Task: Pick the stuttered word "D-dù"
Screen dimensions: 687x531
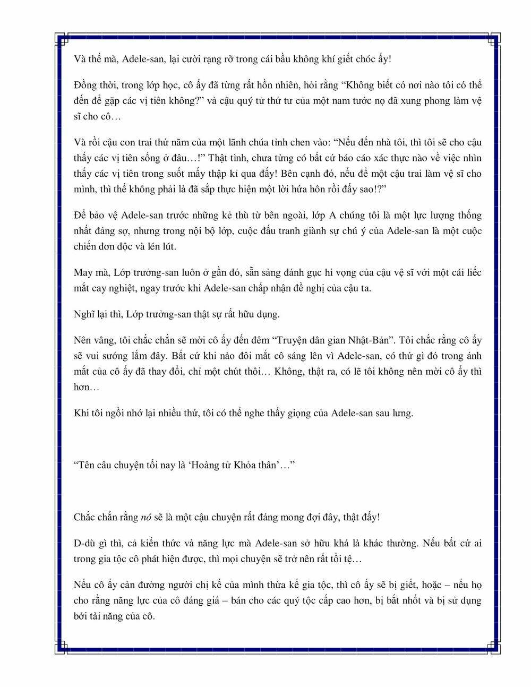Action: click(85, 543)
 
